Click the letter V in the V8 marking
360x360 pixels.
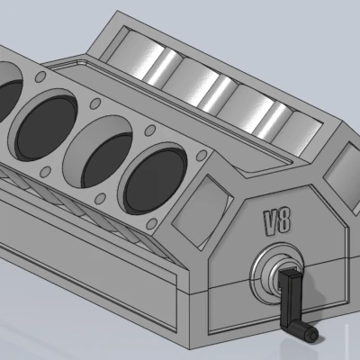tap(270, 220)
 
